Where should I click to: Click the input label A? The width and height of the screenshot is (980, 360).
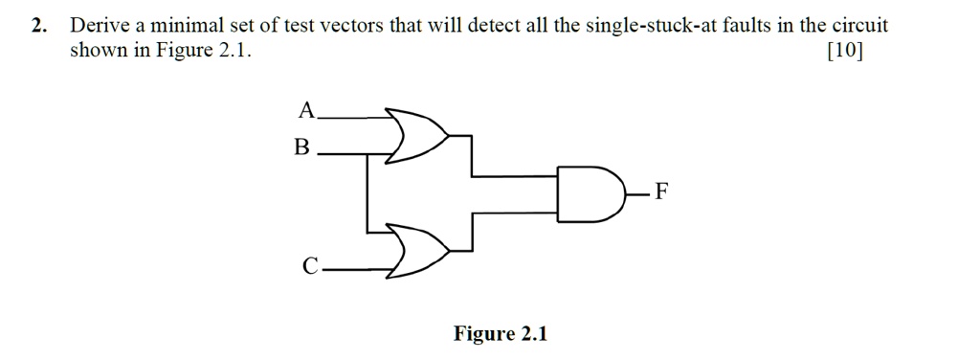[306, 111]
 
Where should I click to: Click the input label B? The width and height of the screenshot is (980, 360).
[302, 148]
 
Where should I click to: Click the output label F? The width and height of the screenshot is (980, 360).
[662, 193]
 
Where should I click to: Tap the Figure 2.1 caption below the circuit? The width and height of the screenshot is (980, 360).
[501, 334]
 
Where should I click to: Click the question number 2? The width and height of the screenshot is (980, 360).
[36, 26]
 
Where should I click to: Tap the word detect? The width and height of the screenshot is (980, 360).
[495, 26]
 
